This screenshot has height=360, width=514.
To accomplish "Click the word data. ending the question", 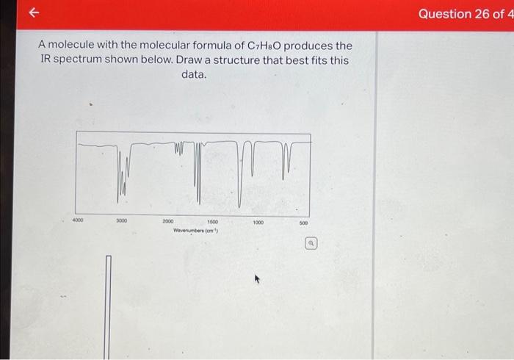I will [194, 75].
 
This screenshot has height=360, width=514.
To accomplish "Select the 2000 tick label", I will [168, 220].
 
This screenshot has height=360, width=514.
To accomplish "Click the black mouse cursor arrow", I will [257, 280].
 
